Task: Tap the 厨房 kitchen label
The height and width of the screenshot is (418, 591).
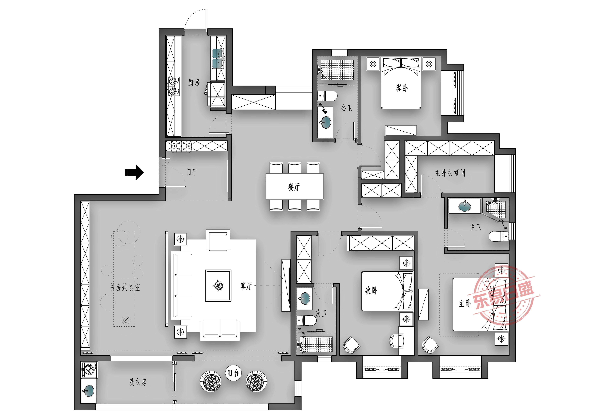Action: (x=194, y=82)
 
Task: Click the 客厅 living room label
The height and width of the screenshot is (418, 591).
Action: (x=246, y=286)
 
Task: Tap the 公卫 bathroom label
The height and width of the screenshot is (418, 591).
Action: (x=346, y=108)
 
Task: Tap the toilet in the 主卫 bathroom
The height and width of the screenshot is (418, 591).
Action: (x=499, y=236)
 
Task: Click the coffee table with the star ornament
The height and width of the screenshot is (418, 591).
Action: (x=218, y=285)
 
